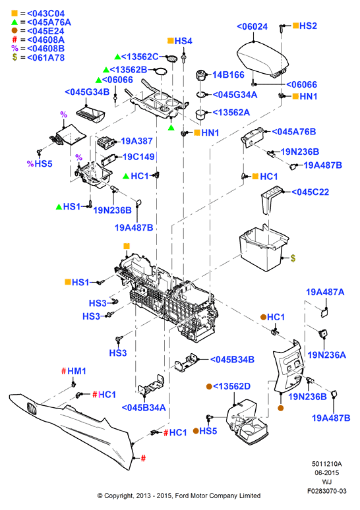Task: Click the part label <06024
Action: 253,26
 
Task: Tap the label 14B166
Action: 228,75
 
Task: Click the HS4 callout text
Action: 183,41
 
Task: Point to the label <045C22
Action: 310,192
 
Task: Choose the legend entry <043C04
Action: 46,14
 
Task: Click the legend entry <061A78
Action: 46,57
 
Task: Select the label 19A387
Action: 136,141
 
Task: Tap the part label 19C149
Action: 138,157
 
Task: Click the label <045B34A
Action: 144,408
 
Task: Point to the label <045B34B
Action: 232,359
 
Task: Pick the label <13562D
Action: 231,386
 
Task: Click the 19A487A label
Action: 325,292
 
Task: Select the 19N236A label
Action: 327,355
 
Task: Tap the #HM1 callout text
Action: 74,371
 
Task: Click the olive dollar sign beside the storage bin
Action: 293,258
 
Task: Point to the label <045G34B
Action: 87,92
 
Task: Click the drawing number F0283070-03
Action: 327,491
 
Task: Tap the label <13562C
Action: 140,57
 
